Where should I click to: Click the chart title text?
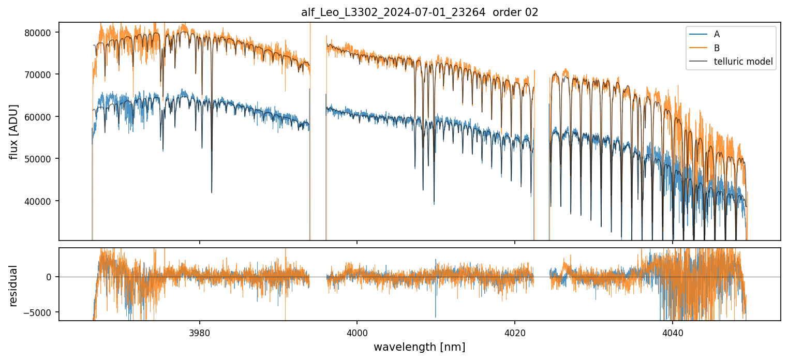tap(420, 12)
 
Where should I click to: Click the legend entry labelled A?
tap(717, 34)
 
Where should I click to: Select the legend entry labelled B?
tap(717, 48)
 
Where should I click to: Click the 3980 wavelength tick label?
tap(200, 332)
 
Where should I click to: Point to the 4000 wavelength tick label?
tap(358, 332)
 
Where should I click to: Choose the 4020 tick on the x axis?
tap(515, 332)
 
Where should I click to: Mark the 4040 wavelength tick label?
tap(673, 332)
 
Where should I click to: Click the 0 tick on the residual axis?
tap(49, 277)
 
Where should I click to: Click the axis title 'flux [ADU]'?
tap(14, 131)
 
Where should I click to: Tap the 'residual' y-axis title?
tap(14, 286)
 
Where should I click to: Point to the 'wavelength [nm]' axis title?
tap(420, 347)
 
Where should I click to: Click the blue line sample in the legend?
tap(697, 34)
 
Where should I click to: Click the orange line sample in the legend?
tap(697, 48)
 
